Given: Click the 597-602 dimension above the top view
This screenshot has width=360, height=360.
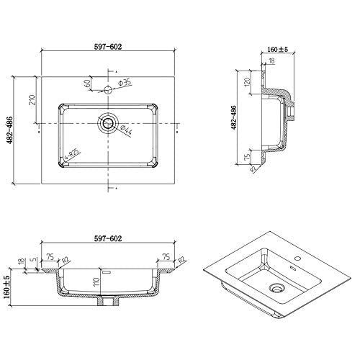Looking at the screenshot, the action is click(107, 47).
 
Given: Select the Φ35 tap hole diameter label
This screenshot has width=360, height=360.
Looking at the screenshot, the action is click(125, 82).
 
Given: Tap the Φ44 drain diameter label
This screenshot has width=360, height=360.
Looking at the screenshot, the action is click(125, 130).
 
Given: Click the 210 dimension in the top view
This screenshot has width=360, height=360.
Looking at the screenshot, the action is click(32, 99).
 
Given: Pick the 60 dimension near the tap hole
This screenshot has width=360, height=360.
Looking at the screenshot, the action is click(88, 83).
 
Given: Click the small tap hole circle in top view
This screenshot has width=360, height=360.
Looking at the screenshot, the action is click(108, 90).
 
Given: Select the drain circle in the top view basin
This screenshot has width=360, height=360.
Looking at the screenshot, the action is click(108, 123).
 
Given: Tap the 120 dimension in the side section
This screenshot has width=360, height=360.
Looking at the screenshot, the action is click(247, 81).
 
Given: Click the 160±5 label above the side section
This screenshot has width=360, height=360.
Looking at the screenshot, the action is click(277, 50).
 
